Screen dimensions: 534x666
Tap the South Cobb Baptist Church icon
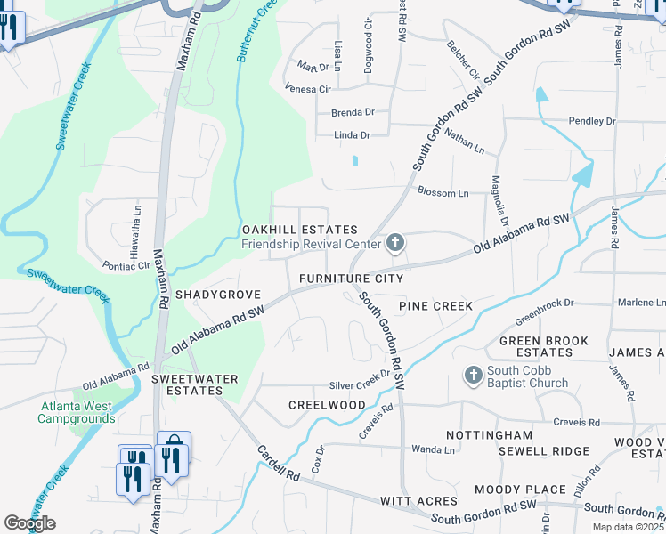(473, 376)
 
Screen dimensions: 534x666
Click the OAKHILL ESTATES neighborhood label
(300, 230)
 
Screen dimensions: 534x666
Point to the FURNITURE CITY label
(351, 279)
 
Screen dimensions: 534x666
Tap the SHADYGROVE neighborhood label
(218, 294)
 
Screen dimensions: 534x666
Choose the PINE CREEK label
(435, 306)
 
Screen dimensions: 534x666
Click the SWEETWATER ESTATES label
(195, 384)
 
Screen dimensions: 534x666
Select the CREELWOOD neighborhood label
(327, 405)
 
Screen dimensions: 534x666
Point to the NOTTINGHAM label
(489, 435)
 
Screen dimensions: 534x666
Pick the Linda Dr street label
(351, 135)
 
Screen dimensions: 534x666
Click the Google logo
(29, 523)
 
